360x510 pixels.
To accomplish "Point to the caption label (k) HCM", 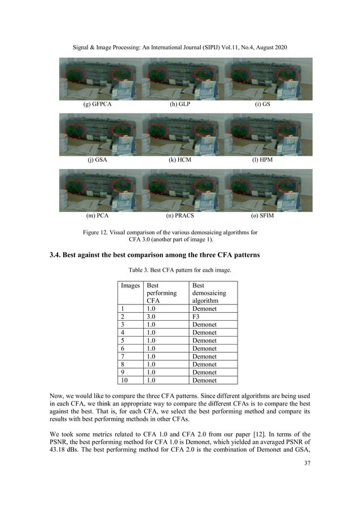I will tap(180, 160).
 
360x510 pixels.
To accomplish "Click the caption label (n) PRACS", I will tap(180, 216).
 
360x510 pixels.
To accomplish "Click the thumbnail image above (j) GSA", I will tap(99, 134).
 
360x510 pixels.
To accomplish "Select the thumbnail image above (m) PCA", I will tap(99, 189).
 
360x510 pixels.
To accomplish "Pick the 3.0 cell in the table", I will tap(151, 317).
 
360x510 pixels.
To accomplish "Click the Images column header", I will tap(130, 286).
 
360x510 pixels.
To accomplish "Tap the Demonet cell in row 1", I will tap(204, 309).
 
